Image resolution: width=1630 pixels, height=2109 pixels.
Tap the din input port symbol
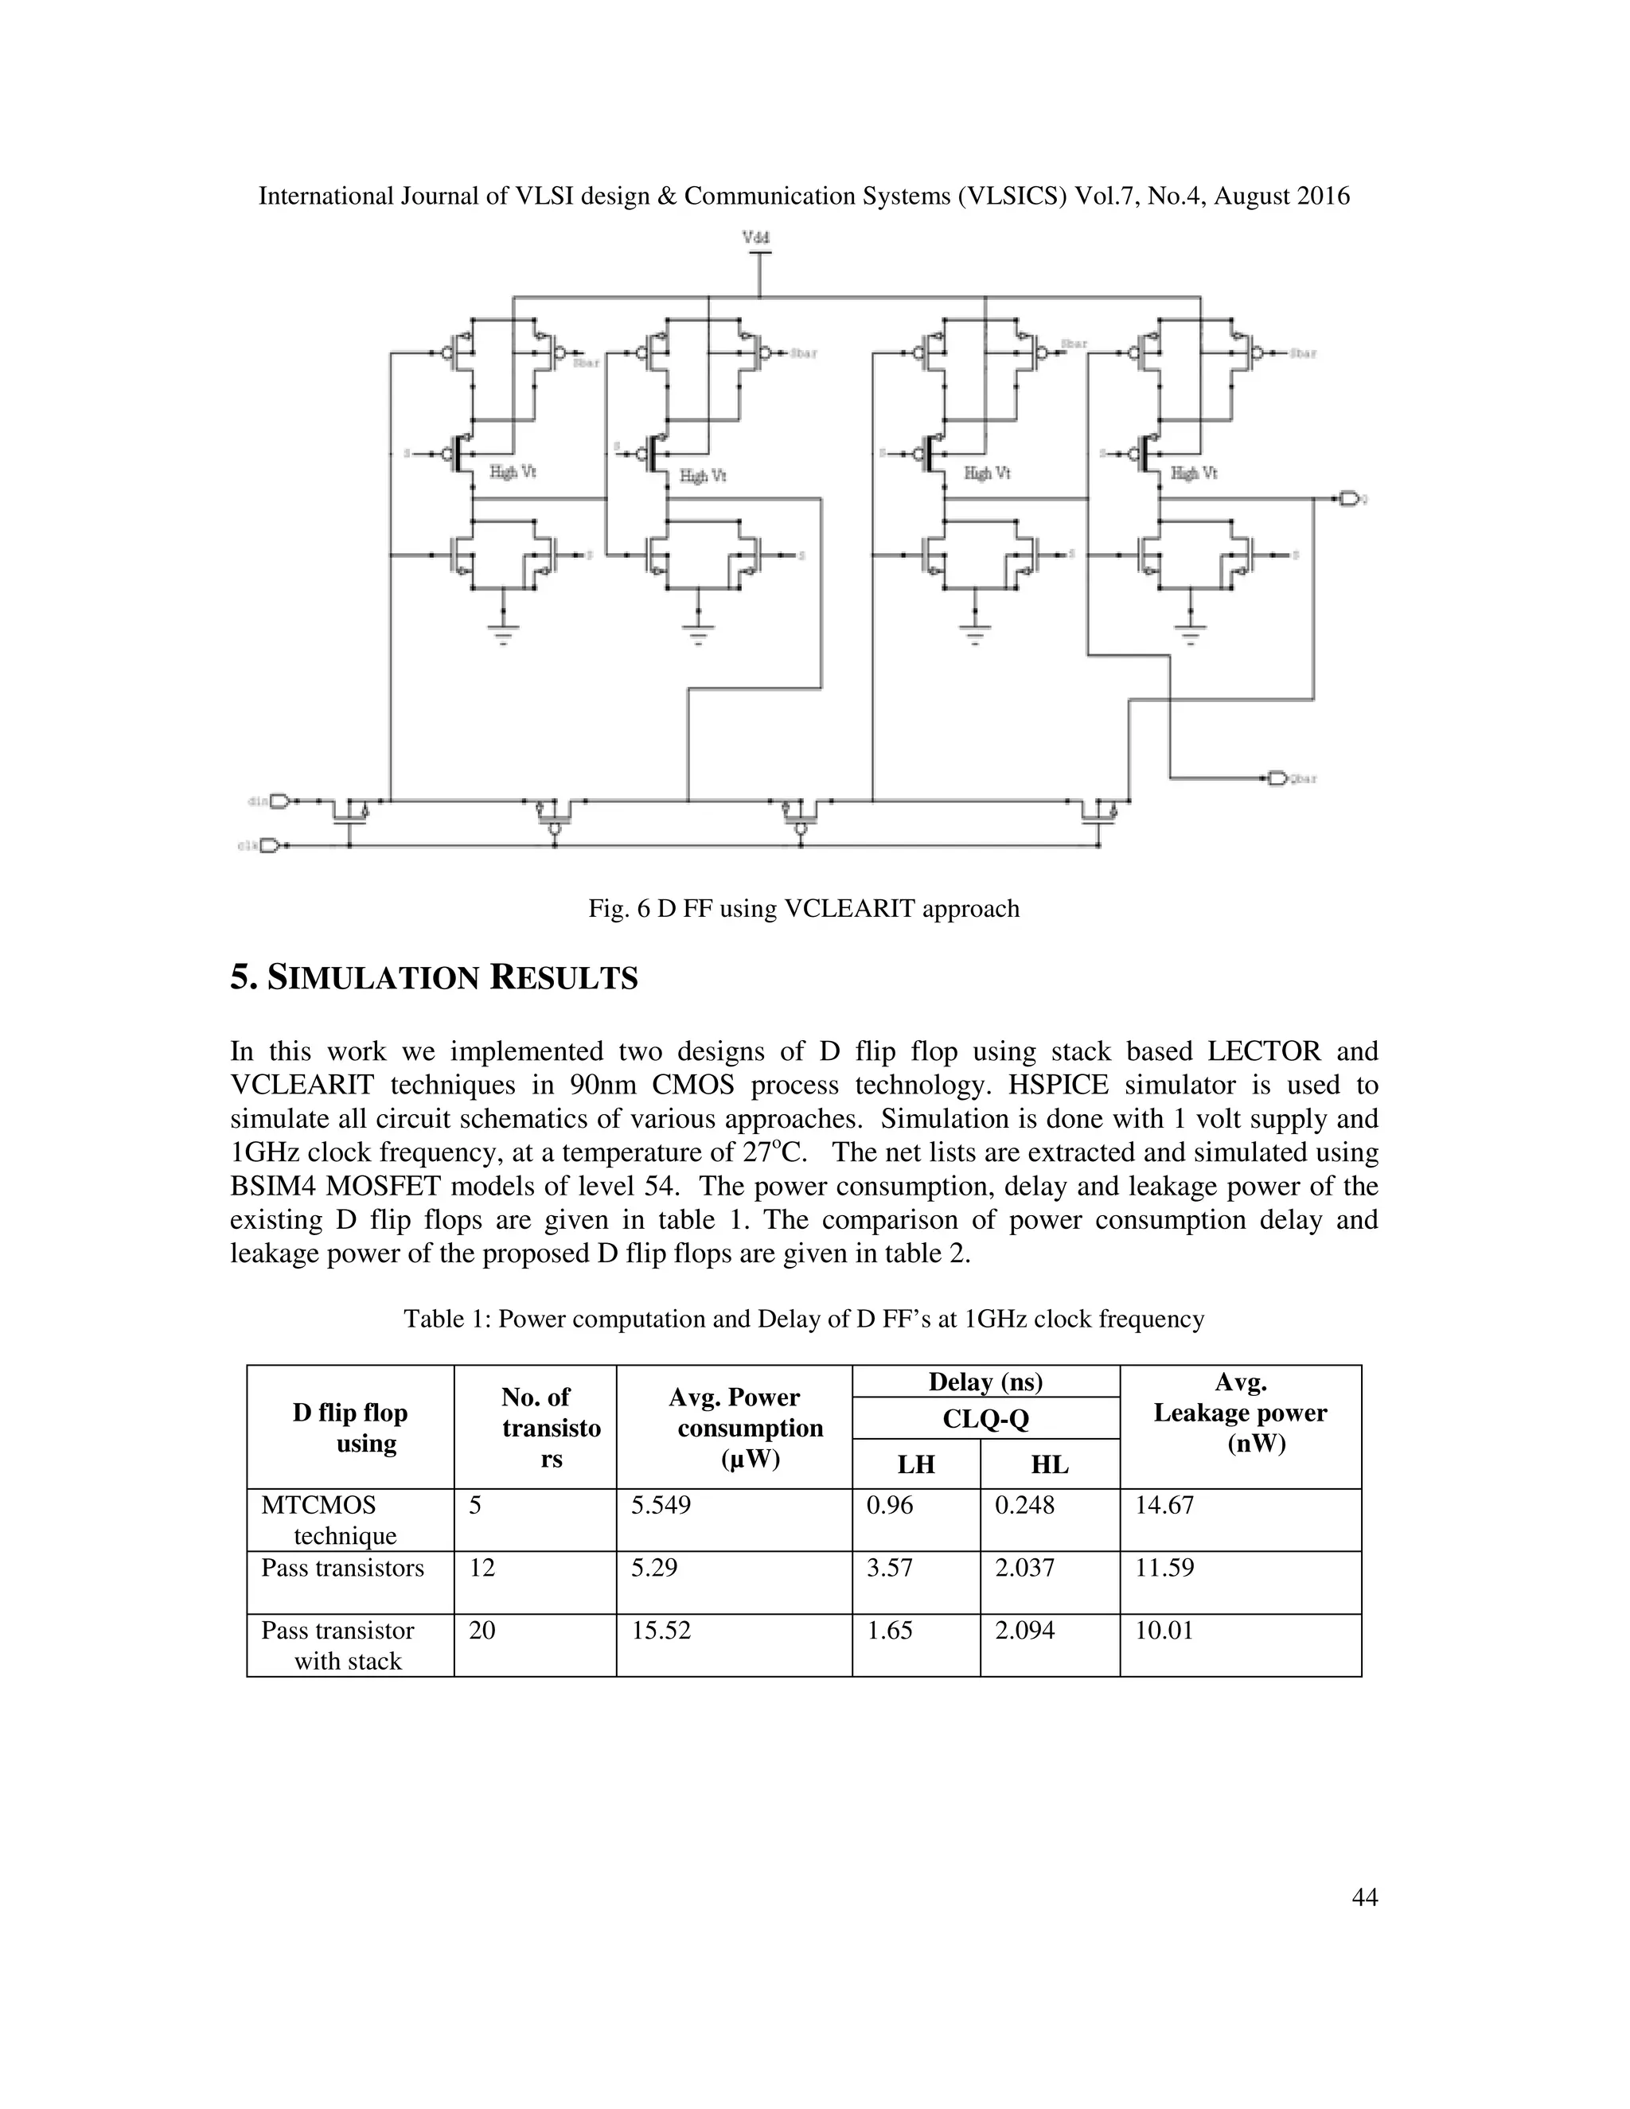(x=280, y=801)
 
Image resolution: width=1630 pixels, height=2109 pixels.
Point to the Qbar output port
(x=1277, y=778)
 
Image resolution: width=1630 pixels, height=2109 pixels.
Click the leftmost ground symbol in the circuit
(x=503, y=633)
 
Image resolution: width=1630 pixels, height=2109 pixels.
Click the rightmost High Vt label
(x=1194, y=474)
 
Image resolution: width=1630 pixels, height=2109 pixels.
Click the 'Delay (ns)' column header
(x=985, y=1382)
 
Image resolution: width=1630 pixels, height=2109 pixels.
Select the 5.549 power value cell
(x=661, y=1506)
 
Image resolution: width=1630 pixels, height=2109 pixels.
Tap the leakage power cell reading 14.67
(x=1164, y=1506)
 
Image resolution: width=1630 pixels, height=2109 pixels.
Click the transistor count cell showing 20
(x=482, y=1631)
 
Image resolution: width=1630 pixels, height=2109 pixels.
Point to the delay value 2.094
(x=1024, y=1631)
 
